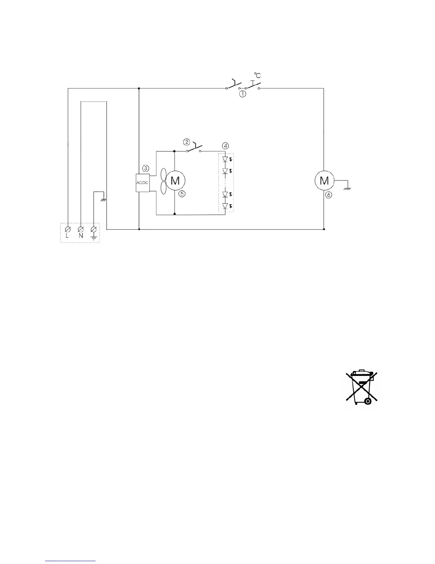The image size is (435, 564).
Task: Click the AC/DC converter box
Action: coord(143,183)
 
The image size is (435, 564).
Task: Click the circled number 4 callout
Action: coord(225,146)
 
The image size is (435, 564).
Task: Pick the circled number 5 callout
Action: coord(182,194)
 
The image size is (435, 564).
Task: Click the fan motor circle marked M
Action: coord(175,181)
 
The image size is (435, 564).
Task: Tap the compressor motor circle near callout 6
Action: coord(324,181)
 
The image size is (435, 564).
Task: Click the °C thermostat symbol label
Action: coord(257,75)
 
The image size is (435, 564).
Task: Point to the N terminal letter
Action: coord(81,236)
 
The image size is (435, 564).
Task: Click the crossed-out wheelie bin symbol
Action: coord(361,388)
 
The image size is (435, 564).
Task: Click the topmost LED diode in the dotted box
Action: coord(225,159)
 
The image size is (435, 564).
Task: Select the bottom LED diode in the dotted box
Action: coord(225,206)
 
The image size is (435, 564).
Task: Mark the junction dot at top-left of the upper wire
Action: coord(139,88)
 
